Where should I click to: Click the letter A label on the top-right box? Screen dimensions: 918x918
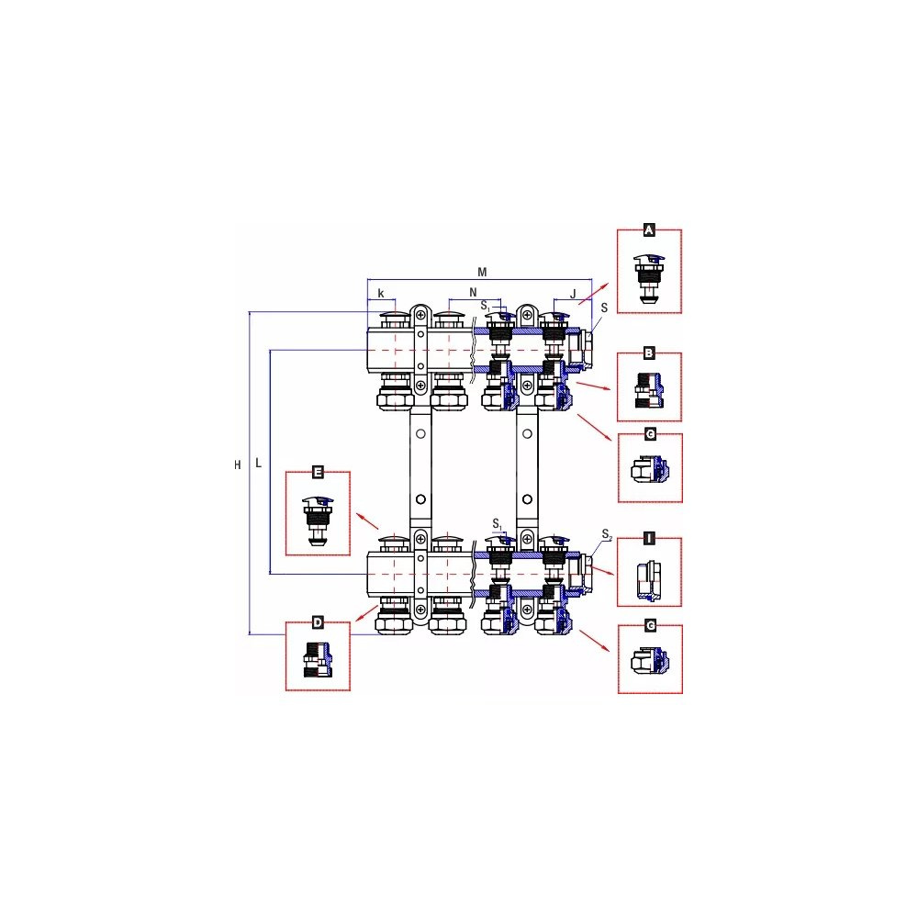pyautogui.click(x=649, y=230)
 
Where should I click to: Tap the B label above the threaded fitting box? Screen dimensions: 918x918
pyautogui.click(x=649, y=353)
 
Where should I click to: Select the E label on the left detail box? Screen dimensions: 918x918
pyautogui.click(x=318, y=472)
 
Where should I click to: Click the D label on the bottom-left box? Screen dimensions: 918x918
pyautogui.click(x=318, y=622)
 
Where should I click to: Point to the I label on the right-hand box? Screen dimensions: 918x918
pyautogui.click(x=649, y=539)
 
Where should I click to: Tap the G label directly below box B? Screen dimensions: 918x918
pyautogui.click(x=650, y=434)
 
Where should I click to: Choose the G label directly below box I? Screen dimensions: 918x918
pyautogui.click(x=650, y=626)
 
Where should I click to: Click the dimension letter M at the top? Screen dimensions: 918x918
pyautogui.click(x=482, y=273)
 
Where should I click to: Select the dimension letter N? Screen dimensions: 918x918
pyautogui.click(x=473, y=293)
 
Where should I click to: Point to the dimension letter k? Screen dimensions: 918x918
pyautogui.click(x=381, y=294)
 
